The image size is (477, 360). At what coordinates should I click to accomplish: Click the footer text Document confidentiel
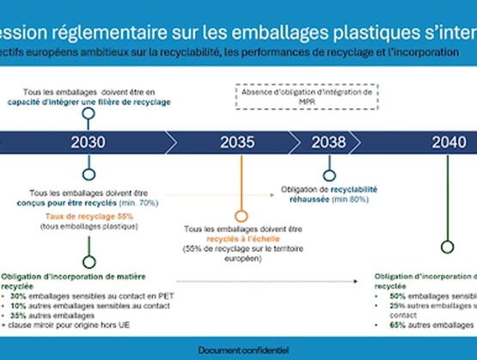tap(238, 351)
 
